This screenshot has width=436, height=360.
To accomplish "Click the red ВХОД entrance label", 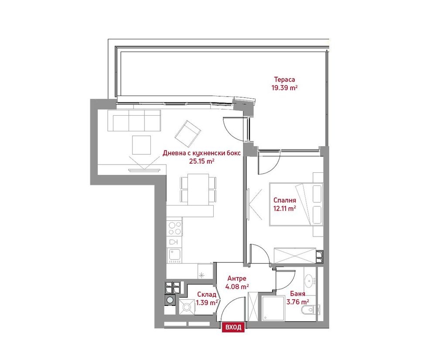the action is [x=233, y=327].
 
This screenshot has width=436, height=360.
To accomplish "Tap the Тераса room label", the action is [x=284, y=79].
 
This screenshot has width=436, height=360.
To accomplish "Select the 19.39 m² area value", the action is [x=284, y=88].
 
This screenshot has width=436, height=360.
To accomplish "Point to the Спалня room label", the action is [x=284, y=200].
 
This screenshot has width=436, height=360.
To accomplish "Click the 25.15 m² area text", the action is [x=201, y=161].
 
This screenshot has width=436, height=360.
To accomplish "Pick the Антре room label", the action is [x=237, y=278].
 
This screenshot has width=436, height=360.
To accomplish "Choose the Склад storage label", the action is [x=207, y=295].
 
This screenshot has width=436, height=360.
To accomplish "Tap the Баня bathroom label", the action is [x=297, y=294].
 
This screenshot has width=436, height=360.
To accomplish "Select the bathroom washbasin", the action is [x=310, y=281].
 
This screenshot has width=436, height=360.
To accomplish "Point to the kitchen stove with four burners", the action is [x=174, y=228].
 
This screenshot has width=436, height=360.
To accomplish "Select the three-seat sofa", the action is [x=134, y=120].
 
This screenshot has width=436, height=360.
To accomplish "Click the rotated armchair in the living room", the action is [x=187, y=134].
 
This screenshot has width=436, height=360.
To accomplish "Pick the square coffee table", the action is [x=142, y=145].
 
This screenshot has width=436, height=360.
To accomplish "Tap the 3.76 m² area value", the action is [x=298, y=302].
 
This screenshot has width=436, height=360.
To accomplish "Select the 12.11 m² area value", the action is [x=284, y=209].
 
